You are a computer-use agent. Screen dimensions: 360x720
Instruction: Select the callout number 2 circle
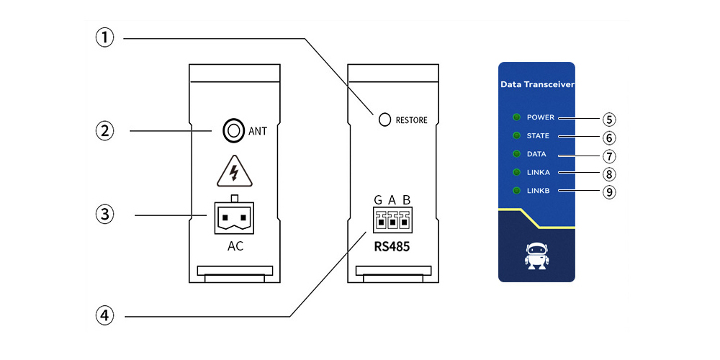[x=106, y=131]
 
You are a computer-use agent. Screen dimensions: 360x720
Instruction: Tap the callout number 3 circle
[x=106, y=214]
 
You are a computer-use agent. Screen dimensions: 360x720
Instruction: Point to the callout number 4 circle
[x=106, y=315]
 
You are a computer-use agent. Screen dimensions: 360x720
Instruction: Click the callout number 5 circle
[x=610, y=118]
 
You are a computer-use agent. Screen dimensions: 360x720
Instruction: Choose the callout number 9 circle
[x=610, y=192]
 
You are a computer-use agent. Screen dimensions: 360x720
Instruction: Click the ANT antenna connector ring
[x=233, y=131]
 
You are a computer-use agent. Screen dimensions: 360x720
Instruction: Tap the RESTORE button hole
[x=385, y=120]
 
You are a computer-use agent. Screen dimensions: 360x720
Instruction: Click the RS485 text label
[x=391, y=247]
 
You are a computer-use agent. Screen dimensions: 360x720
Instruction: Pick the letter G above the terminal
[x=378, y=200]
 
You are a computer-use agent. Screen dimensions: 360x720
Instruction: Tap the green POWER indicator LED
[x=516, y=117]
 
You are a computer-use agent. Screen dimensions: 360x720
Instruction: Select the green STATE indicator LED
[x=516, y=135]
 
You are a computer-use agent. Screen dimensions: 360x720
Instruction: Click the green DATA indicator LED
[x=516, y=154]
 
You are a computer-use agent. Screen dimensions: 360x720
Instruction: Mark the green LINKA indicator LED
[x=516, y=172]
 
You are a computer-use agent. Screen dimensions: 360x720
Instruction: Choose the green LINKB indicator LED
[x=516, y=191]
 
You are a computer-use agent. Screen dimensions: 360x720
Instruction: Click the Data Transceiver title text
[x=536, y=85]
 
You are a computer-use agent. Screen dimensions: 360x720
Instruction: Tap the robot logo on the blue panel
[x=536, y=256]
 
